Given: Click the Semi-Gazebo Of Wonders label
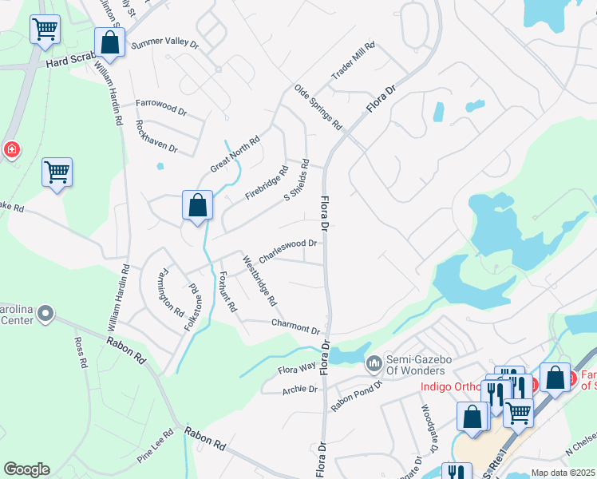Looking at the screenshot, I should pos(416,365).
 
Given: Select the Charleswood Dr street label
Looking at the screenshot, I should pos(289,247).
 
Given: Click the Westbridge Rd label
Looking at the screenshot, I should pos(260,281).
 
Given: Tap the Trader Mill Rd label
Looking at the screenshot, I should pos(353,61).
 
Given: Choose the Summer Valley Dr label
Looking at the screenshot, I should pos(164,44).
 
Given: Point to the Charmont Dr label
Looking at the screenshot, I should pos(295,325).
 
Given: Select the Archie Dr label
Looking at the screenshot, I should pos(300,390).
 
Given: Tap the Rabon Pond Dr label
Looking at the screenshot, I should pos(356,392).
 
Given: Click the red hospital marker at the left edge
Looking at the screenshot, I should pos(11,149).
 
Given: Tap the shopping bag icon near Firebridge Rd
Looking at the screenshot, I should pos(197,205).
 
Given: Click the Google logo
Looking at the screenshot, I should pos(26,469).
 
